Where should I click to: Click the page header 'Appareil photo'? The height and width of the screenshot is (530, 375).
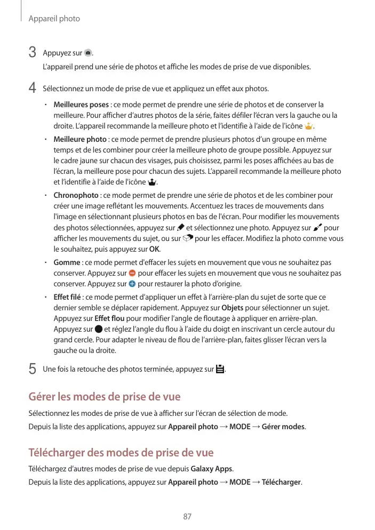pyautogui.click(x=54, y=19)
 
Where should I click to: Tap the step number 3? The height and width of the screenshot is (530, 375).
pyautogui.click(x=32, y=53)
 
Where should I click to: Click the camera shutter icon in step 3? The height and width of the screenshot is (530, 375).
pyautogui.click(x=89, y=53)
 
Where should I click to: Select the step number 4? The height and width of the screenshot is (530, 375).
pyautogui.click(x=32, y=87)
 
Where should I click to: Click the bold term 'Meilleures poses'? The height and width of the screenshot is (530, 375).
pyautogui.click(x=81, y=105)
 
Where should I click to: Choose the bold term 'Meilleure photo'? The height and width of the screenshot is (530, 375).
pyautogui.click(x=80, y=140)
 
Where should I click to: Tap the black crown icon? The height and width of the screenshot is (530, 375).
pyautogui.click(x=154, y=183)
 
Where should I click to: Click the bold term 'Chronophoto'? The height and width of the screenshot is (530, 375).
pyautogui.click(x=76, y=196)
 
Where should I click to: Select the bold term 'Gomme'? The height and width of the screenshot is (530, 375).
pyautogui.click(x=67, y=262)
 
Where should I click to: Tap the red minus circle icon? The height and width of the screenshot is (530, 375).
pyautogui.click(x=132, y=273)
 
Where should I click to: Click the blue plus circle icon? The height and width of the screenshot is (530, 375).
pyautogui.click(x=132, y=284)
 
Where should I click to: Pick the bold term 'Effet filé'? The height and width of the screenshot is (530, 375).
pyautogui.click(x=67, y=297)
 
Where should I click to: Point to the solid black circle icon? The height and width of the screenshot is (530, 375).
pyautogui.click(x=98, y=329)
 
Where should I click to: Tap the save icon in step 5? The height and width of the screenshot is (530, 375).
pyautogui.click(x=220, y=369)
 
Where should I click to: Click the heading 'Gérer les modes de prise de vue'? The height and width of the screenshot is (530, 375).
pyautogui.click(x=104, y=397)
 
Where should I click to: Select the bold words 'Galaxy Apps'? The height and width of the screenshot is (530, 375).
pyautogui.click(x=211, y=469)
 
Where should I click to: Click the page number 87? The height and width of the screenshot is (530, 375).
pyautogui.click(x=187, y=516)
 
